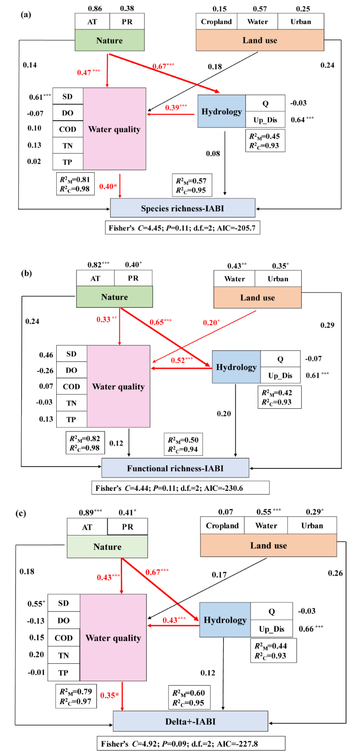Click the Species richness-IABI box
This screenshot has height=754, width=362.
[x=182, y=208]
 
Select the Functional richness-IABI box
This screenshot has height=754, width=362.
[x=175, y=468]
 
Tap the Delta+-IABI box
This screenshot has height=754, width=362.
[x=190, y=721]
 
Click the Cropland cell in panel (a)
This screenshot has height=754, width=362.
[x=216, y=21]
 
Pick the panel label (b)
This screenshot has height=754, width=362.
[x=26, y=273]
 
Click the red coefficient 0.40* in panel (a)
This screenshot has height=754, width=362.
[x=108, y=186]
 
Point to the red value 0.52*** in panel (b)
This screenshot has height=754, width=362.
[x=181, y=360]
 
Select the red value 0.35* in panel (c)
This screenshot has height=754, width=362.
[x=110, y=695]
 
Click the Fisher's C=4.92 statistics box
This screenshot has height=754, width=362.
[x=191, y=744]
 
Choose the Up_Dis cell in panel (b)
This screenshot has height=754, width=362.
[x=280, y=375]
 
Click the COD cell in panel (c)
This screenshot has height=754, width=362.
[x=64, y=638]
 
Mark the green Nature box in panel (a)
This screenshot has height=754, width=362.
[x=110, y=40]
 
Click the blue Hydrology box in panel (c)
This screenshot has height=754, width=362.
[x=225, y=620]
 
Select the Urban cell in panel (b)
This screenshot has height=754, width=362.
[x=278, y=279]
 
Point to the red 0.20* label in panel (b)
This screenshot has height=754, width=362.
[x=211, y=322]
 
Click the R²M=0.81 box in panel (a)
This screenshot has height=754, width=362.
[x=75, y=184]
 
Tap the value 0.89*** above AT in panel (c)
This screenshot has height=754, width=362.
[x=90, y=512]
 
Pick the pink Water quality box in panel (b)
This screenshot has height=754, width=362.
[x=119, y=386]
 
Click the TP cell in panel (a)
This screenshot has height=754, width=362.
[x=67, y=162]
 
